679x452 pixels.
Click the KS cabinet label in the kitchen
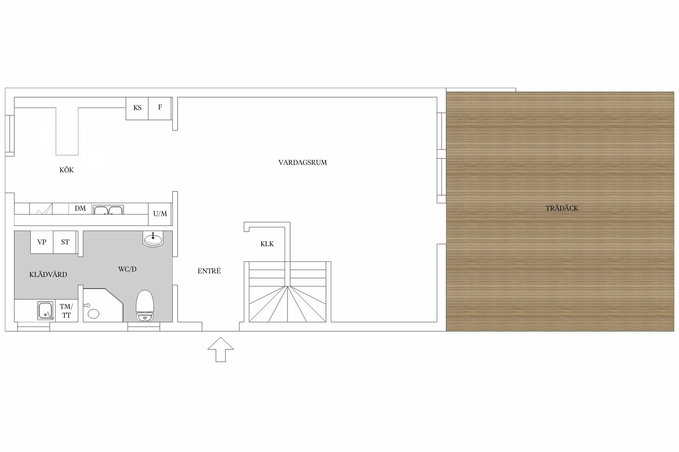pyautogui.click(x=137, y=108)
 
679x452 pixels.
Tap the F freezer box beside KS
pyautogui.click(x=160, y=108)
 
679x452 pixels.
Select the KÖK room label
pyautogui.click(x=66, y=170)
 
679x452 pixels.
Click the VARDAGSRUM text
pyautogui.click(x=303, y=163)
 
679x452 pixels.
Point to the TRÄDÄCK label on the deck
pyautogui.click(x=562, y=208)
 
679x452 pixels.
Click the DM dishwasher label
pyautogui.click(x=80, y=208)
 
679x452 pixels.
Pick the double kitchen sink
pyautogui.click(x=108, y=210)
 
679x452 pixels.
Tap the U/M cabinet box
pyautogui.click(x=160, y=214)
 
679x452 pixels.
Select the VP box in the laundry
pyautogui.click(x=42, y=242)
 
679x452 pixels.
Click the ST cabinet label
pyautogui.click(x=65, y=242)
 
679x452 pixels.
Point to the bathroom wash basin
pyautogui.click(x=153, y=239)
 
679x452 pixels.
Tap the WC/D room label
pyautogui.click(x=127, y=269)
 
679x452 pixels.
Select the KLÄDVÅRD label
pyautogui.click(x=48, y=275)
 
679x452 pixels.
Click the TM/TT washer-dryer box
pyautogui.click(x=66, y=311)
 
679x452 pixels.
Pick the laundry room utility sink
pyautogui.click(x=46, y=310)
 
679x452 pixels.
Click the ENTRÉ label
pyautogui.click(x=209, y=271)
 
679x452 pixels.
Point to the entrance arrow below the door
pyautogui.click(x=221, y=349)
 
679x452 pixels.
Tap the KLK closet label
pyautogui.click(x=267, y=244)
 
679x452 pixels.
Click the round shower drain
pyautogui.click(x=94, y=313)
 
